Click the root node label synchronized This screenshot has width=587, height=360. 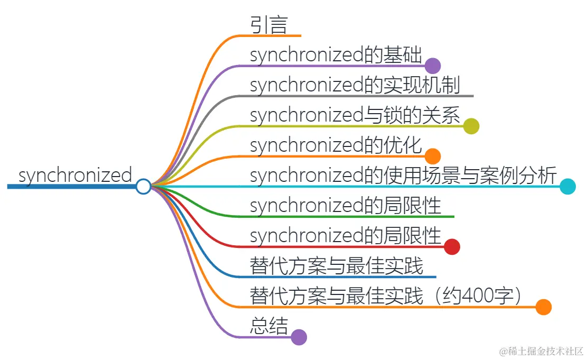(x=75, y=175)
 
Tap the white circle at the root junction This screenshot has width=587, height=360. (x=143, y=187)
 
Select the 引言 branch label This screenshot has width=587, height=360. (x=268, y=25)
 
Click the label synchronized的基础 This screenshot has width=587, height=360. (x=336, y=55)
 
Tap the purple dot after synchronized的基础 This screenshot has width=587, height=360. (x=433, y=66)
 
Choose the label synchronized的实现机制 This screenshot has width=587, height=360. (x=355, y=85)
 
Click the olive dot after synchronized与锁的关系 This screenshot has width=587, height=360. (x=471, y=126)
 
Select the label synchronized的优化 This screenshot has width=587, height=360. (x=336, y=145)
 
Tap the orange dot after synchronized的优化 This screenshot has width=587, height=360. (x=433, y=156)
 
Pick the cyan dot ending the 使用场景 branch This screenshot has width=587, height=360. (x=568, y=187)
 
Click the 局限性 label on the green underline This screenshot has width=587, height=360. (x=346, y=206)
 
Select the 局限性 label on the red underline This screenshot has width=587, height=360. (x=346, y=236)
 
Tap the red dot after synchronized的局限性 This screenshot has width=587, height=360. (x=452, y=247)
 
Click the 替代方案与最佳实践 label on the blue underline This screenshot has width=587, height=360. (x=337, y=266)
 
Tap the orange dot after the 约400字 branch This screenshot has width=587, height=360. (x=543, y=307)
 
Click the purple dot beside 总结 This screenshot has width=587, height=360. (x=299, y=337)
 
